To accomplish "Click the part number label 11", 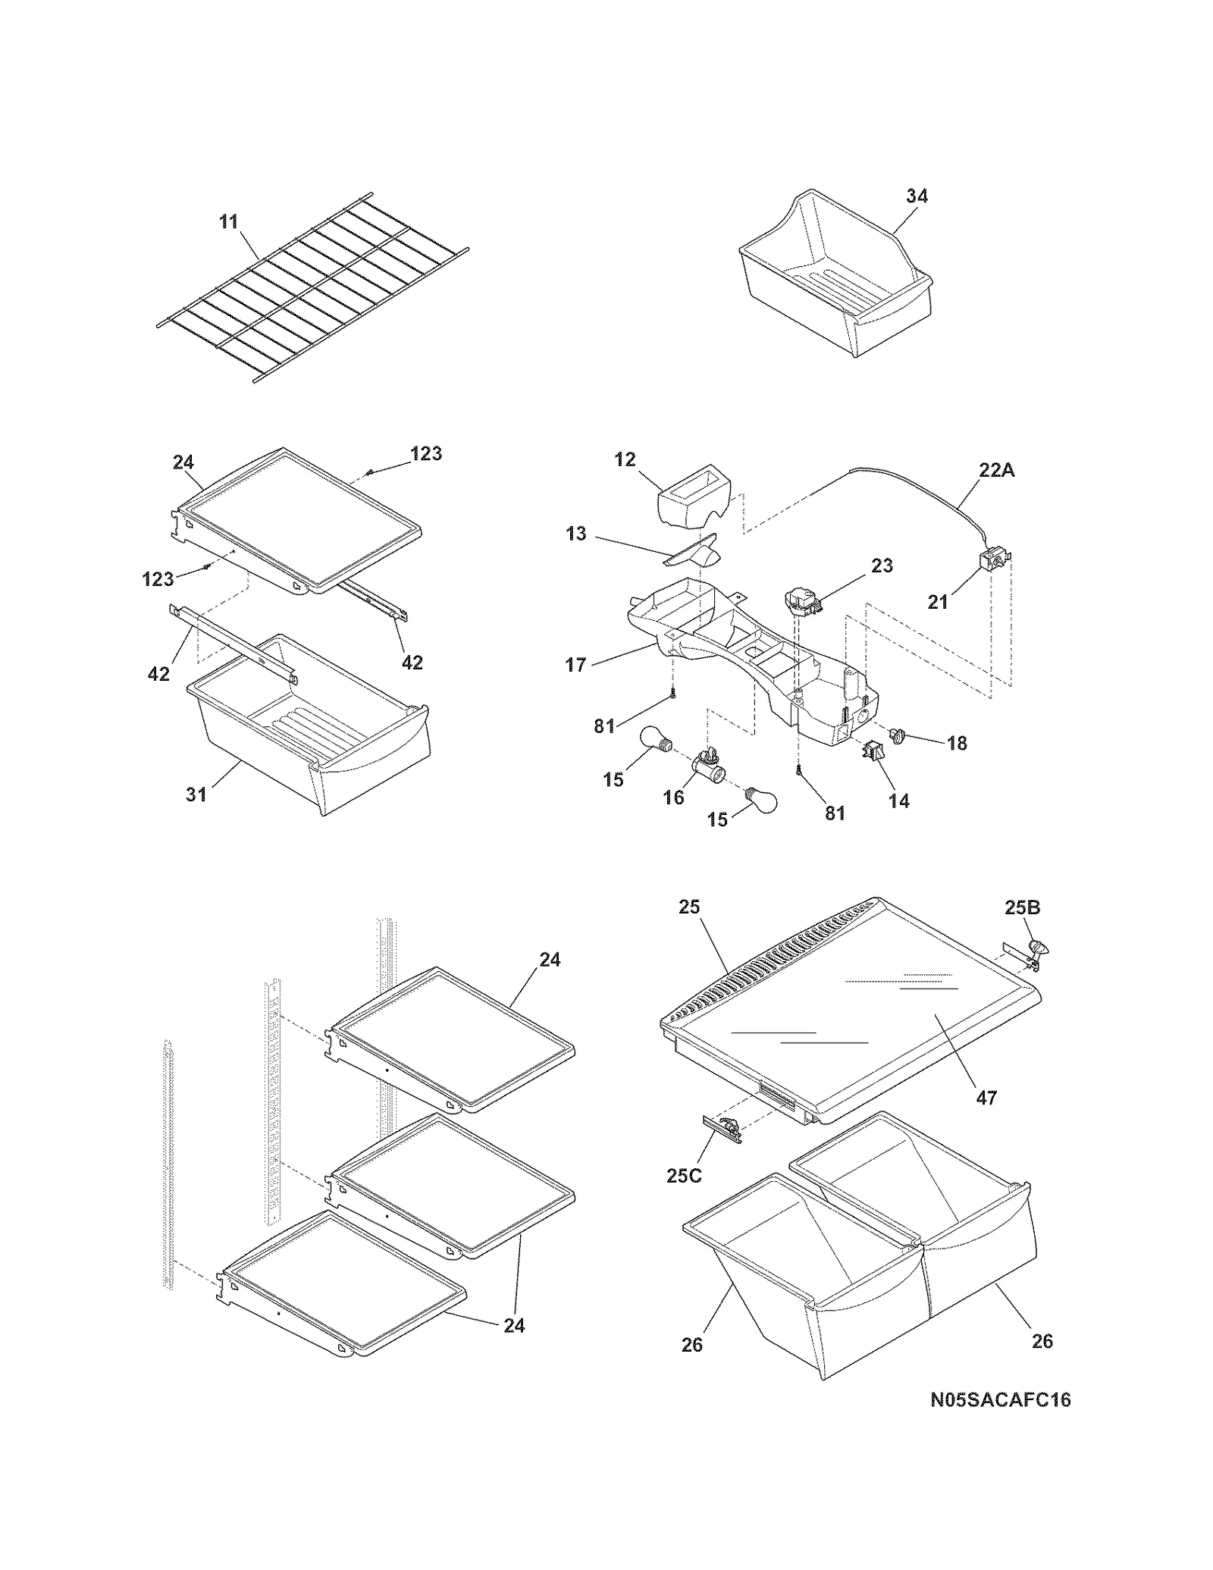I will pos(228,221).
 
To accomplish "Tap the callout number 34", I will pos(917,196).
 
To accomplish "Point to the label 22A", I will pos(996,470).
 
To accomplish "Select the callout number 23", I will pos(882,566).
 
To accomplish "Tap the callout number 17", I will pos(575,665).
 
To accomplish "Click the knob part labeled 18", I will pos(900,735).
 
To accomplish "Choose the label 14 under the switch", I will pos(898,801).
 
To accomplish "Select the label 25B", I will pos(1022,907).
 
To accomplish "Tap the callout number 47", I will pos(986,1097).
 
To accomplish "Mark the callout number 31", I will pos(196,794).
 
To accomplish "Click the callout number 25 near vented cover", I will pos(689,907).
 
